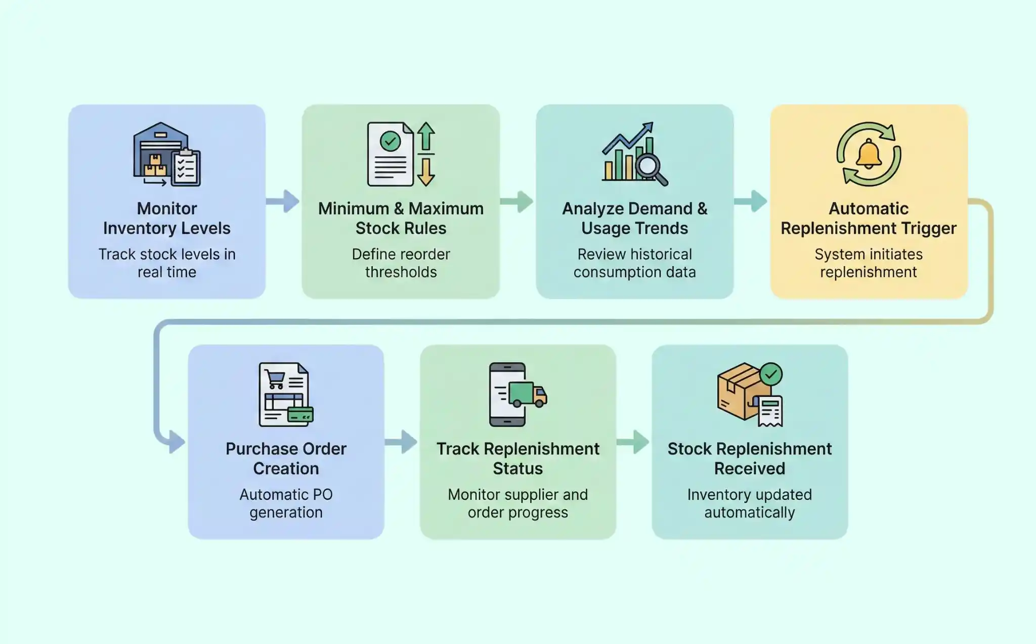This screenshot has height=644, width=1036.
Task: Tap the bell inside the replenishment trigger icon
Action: [869, 154]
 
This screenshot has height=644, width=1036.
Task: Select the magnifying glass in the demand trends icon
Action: [650, 167]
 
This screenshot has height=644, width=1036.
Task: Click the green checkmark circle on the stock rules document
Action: [390, 141]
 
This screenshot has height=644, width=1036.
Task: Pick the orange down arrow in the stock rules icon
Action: [426, 173]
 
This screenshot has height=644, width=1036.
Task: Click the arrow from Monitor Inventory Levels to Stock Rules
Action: [284, 201]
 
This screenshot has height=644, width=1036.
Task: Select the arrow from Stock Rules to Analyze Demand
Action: [517, 201]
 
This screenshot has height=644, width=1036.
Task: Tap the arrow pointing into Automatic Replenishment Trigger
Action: [751, 201]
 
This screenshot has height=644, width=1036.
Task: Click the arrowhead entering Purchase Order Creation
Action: [176, 442]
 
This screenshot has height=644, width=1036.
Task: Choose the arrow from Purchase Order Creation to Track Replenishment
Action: [402, 442]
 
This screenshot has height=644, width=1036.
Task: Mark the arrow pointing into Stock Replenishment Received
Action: [634, 442]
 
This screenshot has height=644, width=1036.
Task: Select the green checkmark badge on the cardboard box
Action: [771, 374]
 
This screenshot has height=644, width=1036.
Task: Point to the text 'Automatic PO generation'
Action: [286, 503]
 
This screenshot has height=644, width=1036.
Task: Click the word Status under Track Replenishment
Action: [517, 468]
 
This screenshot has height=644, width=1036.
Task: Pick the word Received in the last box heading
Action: [749, 468]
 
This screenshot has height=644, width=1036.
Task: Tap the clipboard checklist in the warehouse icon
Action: [186, 168]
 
